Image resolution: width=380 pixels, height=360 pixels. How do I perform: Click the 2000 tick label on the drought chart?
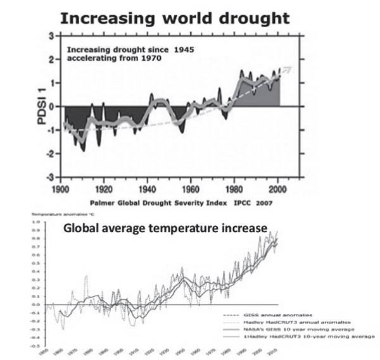coord(280,189)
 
